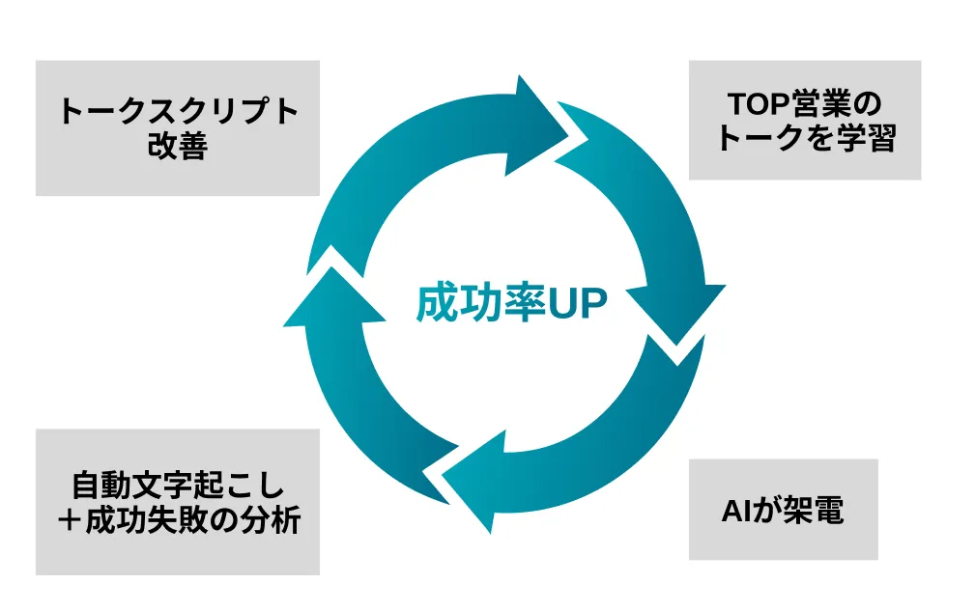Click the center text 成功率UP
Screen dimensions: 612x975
coord(511,304)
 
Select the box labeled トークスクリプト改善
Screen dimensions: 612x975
coord(178,128)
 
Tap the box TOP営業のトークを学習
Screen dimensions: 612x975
coord(804,121)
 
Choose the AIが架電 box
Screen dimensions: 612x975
coord(783,510)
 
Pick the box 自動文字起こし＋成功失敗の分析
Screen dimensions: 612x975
coord(178,502)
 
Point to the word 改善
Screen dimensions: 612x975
coord(178,147)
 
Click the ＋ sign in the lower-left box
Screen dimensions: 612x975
coord(71,522)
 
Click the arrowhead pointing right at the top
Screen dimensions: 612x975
coord(541,117)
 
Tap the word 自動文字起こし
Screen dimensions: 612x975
coord(178,484)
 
